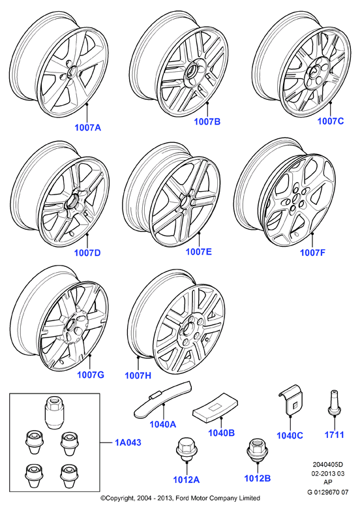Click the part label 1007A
point(88,127)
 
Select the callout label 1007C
point(331,121)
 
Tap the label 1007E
point(199,252)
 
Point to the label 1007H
point(138,375)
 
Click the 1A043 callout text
point(128,442)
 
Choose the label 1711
point(335,435)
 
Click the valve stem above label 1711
point(334,403)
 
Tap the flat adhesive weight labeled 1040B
point(215,406)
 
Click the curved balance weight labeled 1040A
point(163,400)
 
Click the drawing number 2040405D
point(328,465)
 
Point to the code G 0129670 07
point(328,492)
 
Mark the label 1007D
point(87,253)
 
